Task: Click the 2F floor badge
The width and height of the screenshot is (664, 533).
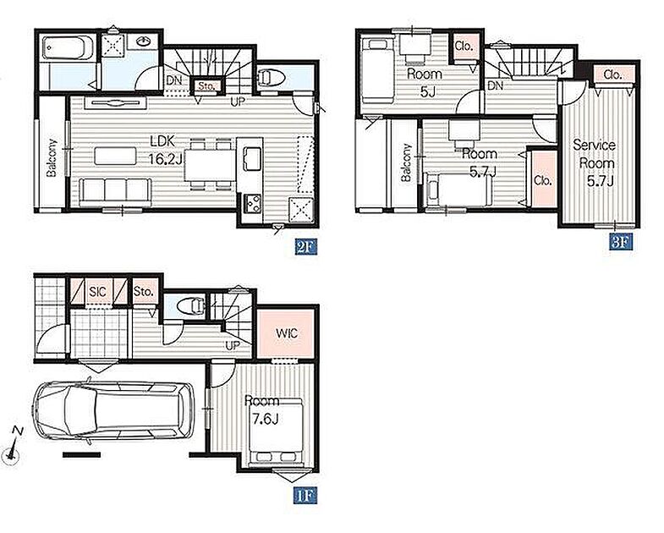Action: click(x=306, y=247)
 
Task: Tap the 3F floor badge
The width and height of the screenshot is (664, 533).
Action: click(x=622, y=241)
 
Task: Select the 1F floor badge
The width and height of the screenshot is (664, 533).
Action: click(x=305, y=495)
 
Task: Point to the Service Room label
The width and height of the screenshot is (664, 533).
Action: click(x=595, y=154)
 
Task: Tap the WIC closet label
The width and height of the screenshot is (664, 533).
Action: click(x=287, y=333)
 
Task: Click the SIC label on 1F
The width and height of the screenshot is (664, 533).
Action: click(x=98, y=292)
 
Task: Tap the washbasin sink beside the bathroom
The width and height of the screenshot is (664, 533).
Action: click(x=144, y=41)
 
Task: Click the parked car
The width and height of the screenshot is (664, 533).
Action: click(x=114, y=411)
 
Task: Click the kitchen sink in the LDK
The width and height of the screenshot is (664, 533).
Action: click(x=251, y=158)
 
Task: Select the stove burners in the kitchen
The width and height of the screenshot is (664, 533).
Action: click(x=253, y=204)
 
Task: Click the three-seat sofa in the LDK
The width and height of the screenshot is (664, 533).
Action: click(x=115, y=192)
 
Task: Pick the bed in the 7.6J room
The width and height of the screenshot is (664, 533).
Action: click(x=276, y=431)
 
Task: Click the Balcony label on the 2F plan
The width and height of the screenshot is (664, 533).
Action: click(x=52, y=157)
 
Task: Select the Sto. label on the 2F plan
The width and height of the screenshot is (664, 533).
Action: click(x=206, y=86)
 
